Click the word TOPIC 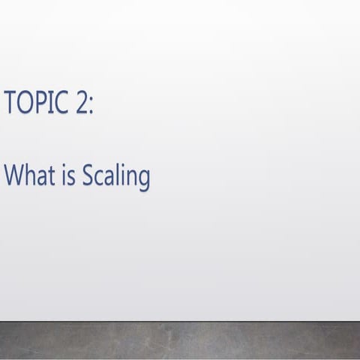tap(36, 102)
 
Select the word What tap(28, 176)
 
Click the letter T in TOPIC tap(10, 102)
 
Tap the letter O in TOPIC tap(24, 102)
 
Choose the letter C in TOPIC tap(61, 102)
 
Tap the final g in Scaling tap(143, 180)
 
